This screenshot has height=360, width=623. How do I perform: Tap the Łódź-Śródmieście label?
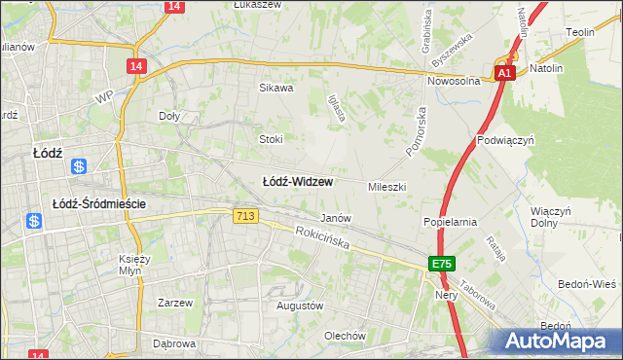tap(98, 203)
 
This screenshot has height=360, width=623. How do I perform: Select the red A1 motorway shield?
tap(503, 73)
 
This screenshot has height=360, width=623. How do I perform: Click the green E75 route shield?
tap(443, 265)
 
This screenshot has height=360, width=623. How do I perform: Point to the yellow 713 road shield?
tap(245, 216)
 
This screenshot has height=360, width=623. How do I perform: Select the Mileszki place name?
tap(386, 186)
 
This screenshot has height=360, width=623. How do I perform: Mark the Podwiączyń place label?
tap(506, 140)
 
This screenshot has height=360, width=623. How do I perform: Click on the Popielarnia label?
tap(450, 222)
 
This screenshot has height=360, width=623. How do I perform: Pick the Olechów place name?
tap(345, 336)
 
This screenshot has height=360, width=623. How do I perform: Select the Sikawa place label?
tap(275, 88)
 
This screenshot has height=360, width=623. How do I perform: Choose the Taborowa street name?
tap(479, 290)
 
